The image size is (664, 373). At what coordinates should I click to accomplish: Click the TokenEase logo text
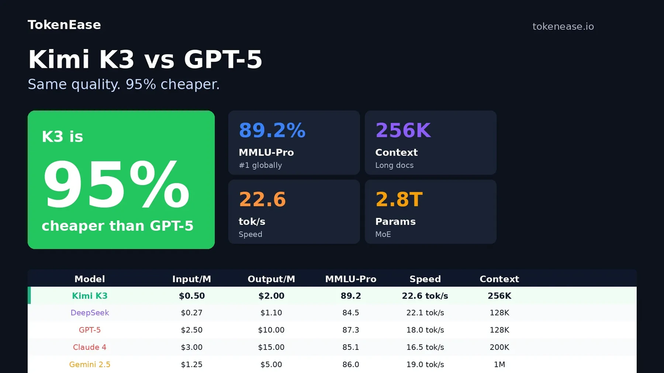[x=64, y=25]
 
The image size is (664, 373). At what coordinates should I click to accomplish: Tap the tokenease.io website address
[x=563, y=27]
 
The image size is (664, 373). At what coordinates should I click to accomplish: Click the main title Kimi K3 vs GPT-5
[x=145, y=59]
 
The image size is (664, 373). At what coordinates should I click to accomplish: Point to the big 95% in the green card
[x=116, y=184]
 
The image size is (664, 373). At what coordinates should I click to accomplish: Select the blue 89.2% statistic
[x=272, y=130]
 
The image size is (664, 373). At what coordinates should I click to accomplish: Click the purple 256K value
[x=403, y=130]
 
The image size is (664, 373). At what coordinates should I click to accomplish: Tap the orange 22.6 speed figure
[x=262, y=199]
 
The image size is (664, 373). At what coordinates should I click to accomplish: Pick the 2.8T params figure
[x=399, y=199]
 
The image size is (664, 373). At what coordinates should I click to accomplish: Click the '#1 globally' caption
[x=260, y=165]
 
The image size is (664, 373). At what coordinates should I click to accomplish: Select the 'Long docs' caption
[x=394, y=165]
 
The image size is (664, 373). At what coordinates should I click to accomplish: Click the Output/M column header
[x=271, y=279]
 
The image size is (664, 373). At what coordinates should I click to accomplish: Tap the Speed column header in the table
[x=425, y=279]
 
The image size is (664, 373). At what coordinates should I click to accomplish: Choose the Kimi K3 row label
[x=90, y=296]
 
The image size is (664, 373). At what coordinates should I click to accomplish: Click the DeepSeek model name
[x=90, y=313]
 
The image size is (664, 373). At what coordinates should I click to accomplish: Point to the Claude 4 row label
[x=90, y=347]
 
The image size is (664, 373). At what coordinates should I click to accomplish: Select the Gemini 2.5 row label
[x=90, y=365]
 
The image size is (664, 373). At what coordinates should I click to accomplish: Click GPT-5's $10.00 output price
[x=271, y=330]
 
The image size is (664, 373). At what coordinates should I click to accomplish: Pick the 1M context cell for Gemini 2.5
[x=499, y=365]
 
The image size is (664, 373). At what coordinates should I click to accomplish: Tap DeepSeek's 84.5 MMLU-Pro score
[x=350, y=313]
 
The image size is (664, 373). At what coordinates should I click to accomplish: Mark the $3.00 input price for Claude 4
[x=191, y=347]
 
